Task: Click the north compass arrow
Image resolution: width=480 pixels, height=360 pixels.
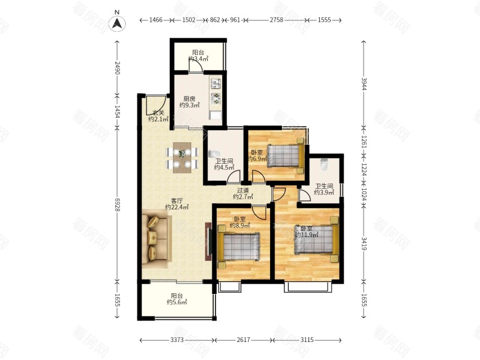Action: coord(117,23)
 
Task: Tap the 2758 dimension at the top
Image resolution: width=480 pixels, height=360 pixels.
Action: coord(277,20)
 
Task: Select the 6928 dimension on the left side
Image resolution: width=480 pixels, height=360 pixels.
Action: coord(118,204)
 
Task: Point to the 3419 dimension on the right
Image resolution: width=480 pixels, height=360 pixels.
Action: coord(364,244)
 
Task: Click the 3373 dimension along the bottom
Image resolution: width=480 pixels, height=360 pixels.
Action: coord(177,340)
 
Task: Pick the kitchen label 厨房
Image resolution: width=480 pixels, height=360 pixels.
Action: coord(189,99)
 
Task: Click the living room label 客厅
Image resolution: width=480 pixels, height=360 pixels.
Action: coord(176,201)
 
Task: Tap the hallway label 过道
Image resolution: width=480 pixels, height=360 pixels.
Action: coord(243,190)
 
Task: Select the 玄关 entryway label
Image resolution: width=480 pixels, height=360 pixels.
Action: coord(158,113)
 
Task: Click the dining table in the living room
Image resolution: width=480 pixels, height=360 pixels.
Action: coord(182,158)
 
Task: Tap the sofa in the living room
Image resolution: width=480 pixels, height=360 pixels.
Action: coord(157,238)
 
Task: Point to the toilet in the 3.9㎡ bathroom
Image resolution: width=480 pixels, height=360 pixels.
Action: coord(324,164)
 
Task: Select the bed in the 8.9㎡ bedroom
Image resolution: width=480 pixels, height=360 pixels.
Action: coord(239,247)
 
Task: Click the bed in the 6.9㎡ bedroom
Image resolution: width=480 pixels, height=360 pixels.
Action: coord(286,156)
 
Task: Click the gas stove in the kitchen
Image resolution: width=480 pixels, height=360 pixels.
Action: coord(216,98)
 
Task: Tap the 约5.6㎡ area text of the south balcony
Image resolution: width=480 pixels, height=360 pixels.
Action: coord(177,302)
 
